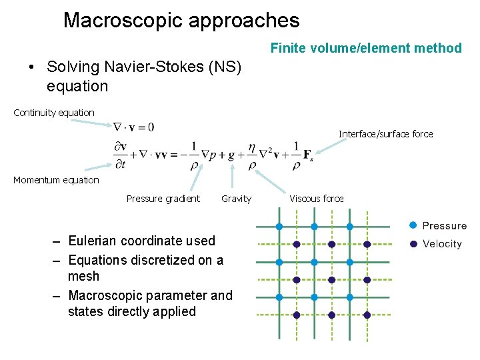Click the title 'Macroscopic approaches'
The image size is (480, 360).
pyautogui.click(x=181, y=20)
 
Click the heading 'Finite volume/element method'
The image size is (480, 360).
pyautogui.click(x=366, y=48)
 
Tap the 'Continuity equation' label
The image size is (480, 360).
pyautogui.click(x=54, y=113)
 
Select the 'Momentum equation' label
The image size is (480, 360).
pyautogui.click(x=56, y=180)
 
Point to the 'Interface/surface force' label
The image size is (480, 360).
pyautogui.click(x=385, y=134)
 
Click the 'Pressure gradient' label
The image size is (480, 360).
pyautogui.click(x=163, y=199)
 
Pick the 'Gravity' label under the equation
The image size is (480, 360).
pyautogui.click(x=237, y=199)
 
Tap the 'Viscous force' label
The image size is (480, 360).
pyautogui.click(x=317, y=199)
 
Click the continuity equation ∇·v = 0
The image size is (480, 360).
pyautogui.click(x=134, y=127)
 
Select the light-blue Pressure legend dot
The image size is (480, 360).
pyautogui.click(x=413, y=226)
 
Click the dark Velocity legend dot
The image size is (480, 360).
pyautogui.click(x=413, y=244)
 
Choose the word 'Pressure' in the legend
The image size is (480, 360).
pyautogui.click(x=445, y=226)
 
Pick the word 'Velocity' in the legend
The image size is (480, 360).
pyautogui.click(x=442, y=244)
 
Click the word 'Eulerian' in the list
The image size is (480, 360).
pyautogui.click(x=93, y=241)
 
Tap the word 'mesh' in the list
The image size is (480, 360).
pyautogui.click(x=83, y=276)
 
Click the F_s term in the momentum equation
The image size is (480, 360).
pyautogui.click(x=307, y=155)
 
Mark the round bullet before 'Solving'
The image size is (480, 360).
pyautogui.click(x=31, y=67)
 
